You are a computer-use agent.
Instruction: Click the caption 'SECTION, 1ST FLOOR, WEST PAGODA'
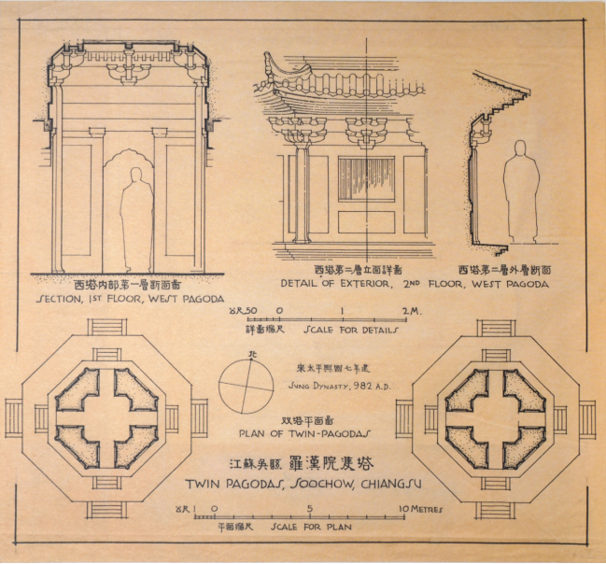(x=130, y=300)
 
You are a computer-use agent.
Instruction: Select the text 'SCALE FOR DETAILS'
(x=350, y=330)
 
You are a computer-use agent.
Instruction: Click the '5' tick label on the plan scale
(x=309, y=510)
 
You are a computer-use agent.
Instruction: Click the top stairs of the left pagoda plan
(x=107, y=328)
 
